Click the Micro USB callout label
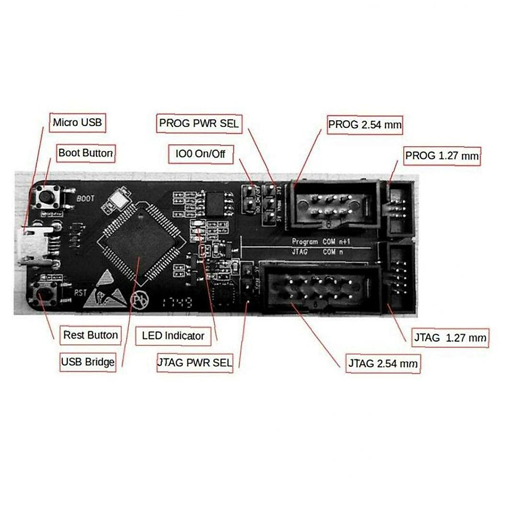77,123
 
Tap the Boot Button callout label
86,153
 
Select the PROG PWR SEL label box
199,124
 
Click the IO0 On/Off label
201,154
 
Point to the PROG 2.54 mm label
365,125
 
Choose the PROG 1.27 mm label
442,156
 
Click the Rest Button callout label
90,335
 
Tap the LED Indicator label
173,336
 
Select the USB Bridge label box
88,362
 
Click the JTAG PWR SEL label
195,363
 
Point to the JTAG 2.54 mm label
383,364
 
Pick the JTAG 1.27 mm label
450,338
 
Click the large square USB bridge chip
140,242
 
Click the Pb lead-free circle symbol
140,299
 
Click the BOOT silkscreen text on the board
86,198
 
